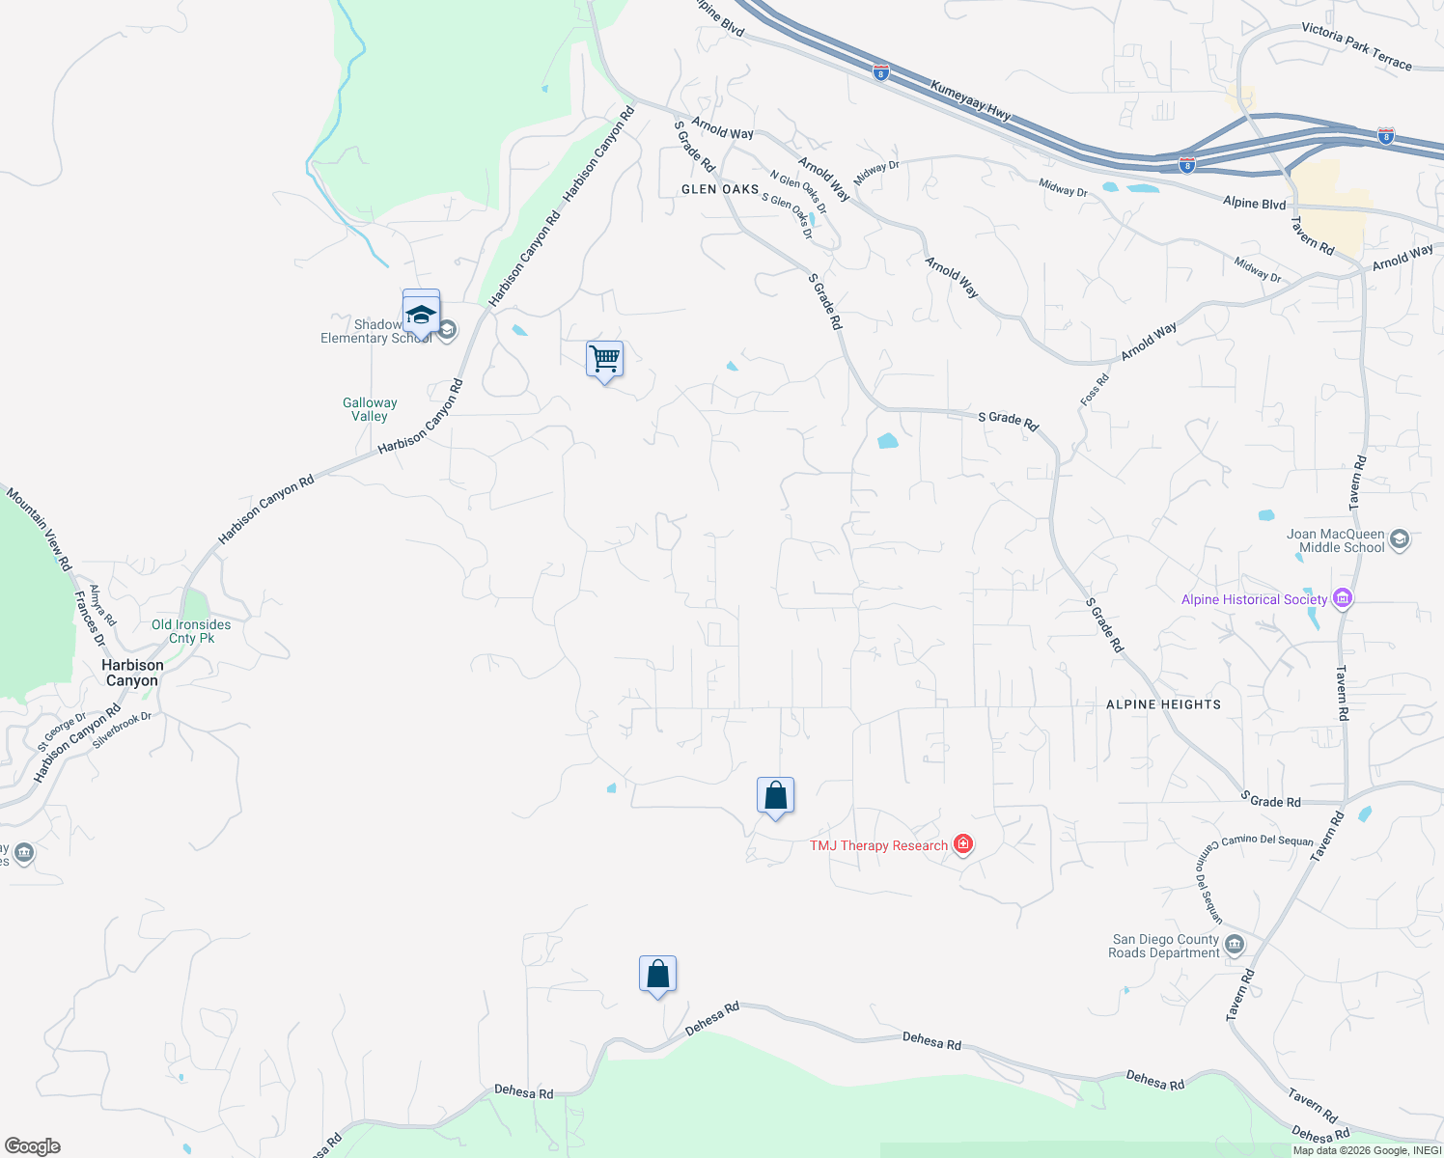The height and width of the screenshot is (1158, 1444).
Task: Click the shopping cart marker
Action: coord(604,360)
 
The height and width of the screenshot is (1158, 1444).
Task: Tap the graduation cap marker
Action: coord(421,314)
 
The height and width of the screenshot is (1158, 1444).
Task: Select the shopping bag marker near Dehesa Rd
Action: coord(657,975)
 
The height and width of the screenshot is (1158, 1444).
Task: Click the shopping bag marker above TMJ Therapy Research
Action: coord(775,796)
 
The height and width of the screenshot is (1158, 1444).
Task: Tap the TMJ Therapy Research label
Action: coord(878,846)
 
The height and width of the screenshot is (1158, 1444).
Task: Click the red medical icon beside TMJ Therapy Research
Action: coord(962,845)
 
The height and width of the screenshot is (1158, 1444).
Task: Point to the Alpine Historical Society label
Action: coord(1254,599)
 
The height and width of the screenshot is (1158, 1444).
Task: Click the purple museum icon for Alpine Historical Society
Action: coord(1342,599)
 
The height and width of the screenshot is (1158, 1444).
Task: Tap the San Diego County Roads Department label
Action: coord(1164,946)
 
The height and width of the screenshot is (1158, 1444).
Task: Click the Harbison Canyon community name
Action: coord(132,673)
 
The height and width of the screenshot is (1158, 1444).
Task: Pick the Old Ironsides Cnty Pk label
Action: coord(191,631)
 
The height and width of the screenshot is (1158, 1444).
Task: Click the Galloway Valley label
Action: coord(370,409)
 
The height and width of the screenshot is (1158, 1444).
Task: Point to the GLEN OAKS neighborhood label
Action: coord(720,189)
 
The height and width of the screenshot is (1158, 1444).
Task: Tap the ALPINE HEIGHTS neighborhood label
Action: coord(1163,704)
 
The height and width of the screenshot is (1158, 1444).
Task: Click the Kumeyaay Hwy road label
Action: coord(971,100)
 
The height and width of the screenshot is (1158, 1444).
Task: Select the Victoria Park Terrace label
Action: coord(1356,46)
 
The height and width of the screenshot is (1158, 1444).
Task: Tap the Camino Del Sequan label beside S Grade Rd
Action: coord(1266,840)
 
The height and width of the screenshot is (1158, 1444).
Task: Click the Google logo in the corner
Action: coord(33,1146)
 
